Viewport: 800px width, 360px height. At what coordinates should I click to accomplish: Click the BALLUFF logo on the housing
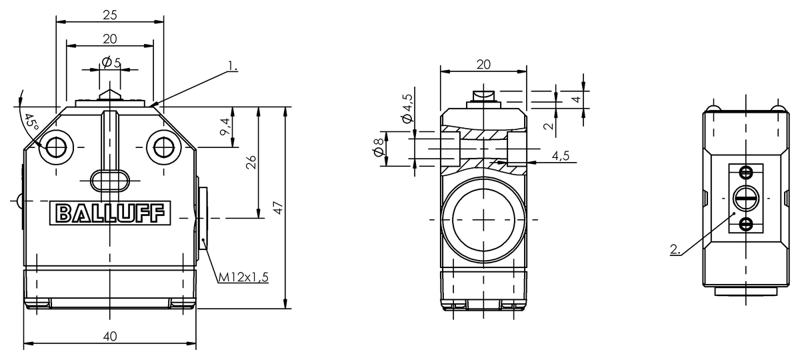pos(110,213)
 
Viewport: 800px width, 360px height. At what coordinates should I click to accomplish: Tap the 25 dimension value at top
pos(110,15)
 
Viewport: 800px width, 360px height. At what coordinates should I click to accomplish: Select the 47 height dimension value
pos(278,208)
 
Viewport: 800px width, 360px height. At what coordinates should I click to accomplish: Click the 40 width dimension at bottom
pos(110,336)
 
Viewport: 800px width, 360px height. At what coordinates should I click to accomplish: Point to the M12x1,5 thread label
pos(243,277)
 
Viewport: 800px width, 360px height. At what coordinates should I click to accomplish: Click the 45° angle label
pos(31,123)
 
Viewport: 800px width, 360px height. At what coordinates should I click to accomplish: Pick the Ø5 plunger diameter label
pos(111,63)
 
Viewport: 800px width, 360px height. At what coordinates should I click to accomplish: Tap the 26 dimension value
pos(251,162)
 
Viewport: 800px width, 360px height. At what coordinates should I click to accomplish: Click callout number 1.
pos(233,66)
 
